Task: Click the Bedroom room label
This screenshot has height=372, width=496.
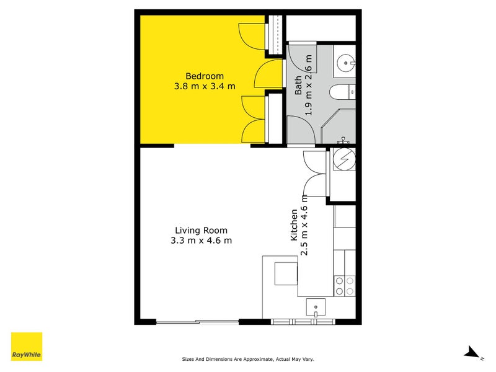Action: pyautogui.click(x=205, y=76)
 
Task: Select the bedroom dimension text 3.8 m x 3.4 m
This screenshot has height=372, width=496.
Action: pyautogui.click(x=205, y=86)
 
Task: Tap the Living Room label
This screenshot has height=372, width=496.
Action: pyautogui.click(x=201, y=230)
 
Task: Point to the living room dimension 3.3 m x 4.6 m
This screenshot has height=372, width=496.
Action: pyautogui.click(x=201, y=241)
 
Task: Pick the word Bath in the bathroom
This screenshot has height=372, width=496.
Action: pyautogui.click(x=298, y=85)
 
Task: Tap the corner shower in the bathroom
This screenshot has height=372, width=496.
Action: pyautogui.click(x=341, y=127)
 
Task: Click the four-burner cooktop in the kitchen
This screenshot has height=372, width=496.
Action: pyautogui.click(x=345, y=286)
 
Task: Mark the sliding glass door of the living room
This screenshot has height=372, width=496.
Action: pyautogui.click(x=197, y=321)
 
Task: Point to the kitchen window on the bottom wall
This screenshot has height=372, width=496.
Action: pyautogui.click(x=304, y=321)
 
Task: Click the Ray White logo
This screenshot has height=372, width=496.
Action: pyautogui.click(x=27, y=347)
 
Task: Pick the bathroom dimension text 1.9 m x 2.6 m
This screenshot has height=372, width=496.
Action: pyautogui.click(x=309, y=85)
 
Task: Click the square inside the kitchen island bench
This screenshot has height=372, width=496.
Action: pyautogui.click(x=285, y=273)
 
